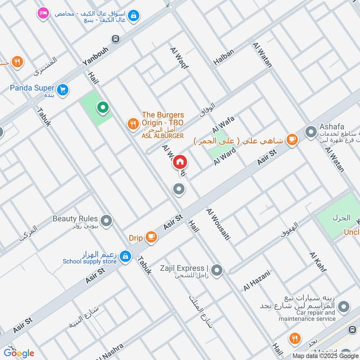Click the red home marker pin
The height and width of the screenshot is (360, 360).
pos(179,162)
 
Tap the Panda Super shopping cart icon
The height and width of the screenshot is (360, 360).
pos(63,89)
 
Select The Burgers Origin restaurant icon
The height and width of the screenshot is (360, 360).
pos(133,124)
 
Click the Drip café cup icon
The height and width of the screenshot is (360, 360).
pos(151,237)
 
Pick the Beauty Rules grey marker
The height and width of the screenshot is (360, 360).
pos(107,220)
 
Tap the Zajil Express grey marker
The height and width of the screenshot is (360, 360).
pos(217,270)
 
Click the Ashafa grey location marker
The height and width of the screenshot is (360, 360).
pos(310,132)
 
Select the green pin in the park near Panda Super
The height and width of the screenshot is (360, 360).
pos(103,108)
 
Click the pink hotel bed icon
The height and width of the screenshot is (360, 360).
pos(43,13)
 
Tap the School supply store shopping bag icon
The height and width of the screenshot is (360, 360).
pos(126,256)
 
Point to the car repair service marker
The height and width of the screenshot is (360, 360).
pos(343,307)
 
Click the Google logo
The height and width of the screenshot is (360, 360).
pos(19,353)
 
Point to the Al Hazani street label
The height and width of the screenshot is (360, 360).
pos(257,280)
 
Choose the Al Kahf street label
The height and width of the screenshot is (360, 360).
pos(318,264)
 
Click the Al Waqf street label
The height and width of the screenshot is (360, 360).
pos(179,58)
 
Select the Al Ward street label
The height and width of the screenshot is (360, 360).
pos(225,156)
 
